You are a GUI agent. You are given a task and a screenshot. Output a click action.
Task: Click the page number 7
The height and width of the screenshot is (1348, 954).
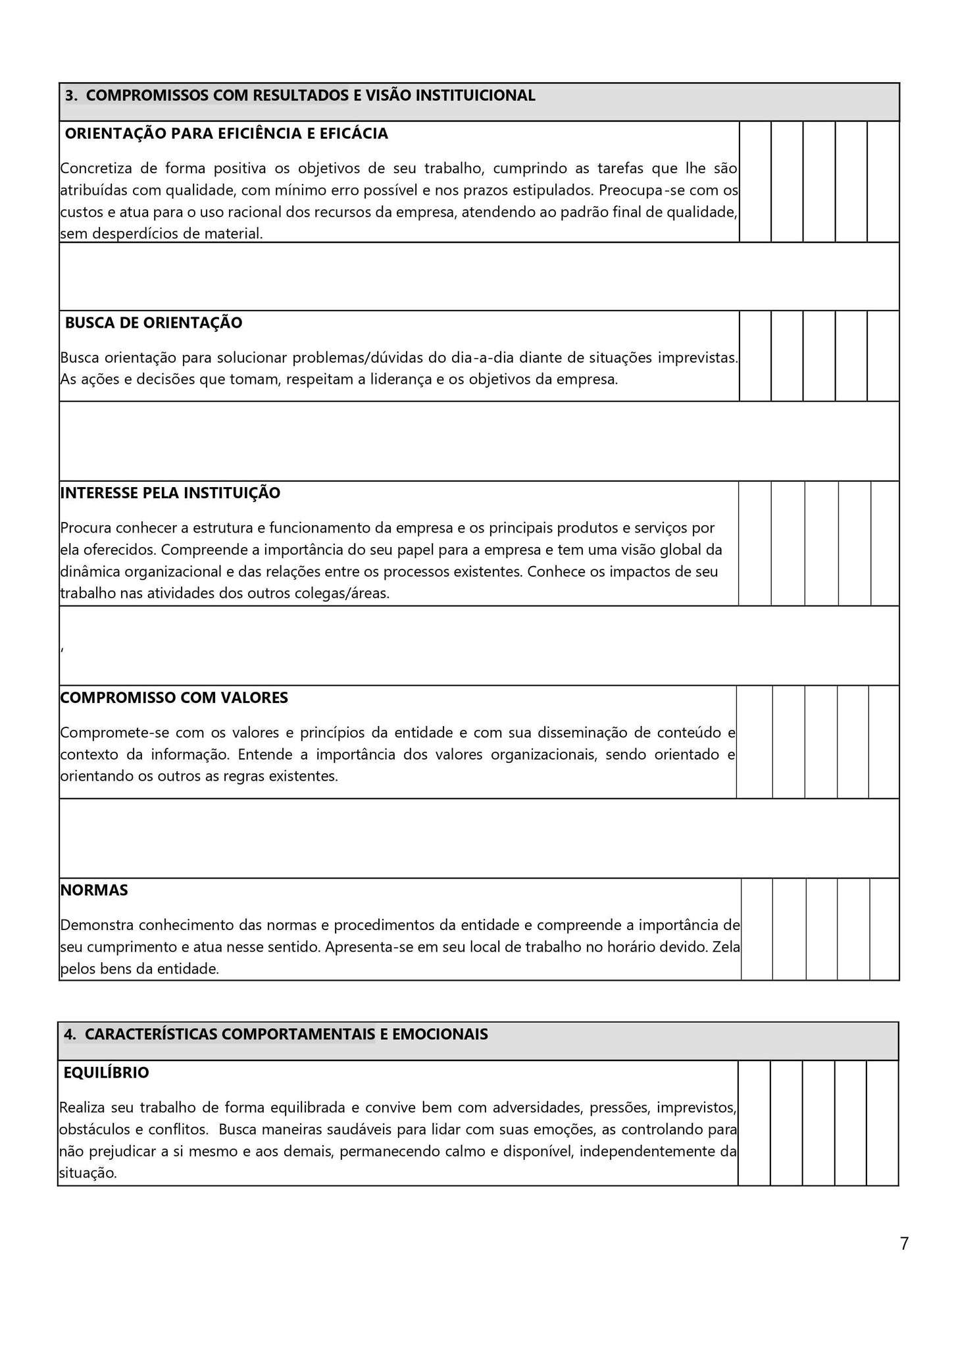point(904,1244)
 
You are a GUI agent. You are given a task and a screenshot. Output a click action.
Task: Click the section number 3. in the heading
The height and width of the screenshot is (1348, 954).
point(72,96)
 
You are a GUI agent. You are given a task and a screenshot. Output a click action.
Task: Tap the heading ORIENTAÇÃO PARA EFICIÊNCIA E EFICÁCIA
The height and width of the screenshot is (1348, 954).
point(226,134)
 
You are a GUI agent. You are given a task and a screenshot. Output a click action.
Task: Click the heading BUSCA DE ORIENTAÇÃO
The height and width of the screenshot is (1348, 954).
point(153,323)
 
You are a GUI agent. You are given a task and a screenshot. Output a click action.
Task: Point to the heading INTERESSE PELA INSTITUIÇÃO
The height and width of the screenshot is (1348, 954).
point(170,494)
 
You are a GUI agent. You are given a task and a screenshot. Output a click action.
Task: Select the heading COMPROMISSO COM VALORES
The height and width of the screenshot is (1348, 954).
point(174,698)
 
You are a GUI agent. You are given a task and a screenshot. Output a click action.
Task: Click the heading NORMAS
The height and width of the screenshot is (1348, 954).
point(94,891)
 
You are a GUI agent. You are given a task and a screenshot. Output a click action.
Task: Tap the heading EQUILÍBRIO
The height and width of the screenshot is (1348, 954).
point(107,1073)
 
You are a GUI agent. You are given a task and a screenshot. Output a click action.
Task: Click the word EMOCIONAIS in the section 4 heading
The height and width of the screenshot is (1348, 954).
point(439,1034)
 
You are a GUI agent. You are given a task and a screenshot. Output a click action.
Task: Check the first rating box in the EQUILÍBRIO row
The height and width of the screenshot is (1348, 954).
point(754,1123)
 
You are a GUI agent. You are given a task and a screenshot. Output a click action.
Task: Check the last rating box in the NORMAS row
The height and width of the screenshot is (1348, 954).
point(884,929)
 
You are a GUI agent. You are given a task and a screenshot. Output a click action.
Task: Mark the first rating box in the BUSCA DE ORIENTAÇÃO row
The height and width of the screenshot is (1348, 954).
point(755,356)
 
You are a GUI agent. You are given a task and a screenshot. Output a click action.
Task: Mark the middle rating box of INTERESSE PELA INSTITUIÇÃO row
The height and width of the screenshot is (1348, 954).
point(822,543)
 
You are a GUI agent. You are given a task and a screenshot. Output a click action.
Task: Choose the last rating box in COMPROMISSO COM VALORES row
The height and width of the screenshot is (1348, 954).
point(884,742)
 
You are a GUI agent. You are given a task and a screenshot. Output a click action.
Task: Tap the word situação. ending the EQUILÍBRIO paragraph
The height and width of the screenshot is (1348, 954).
point(88,1173)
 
